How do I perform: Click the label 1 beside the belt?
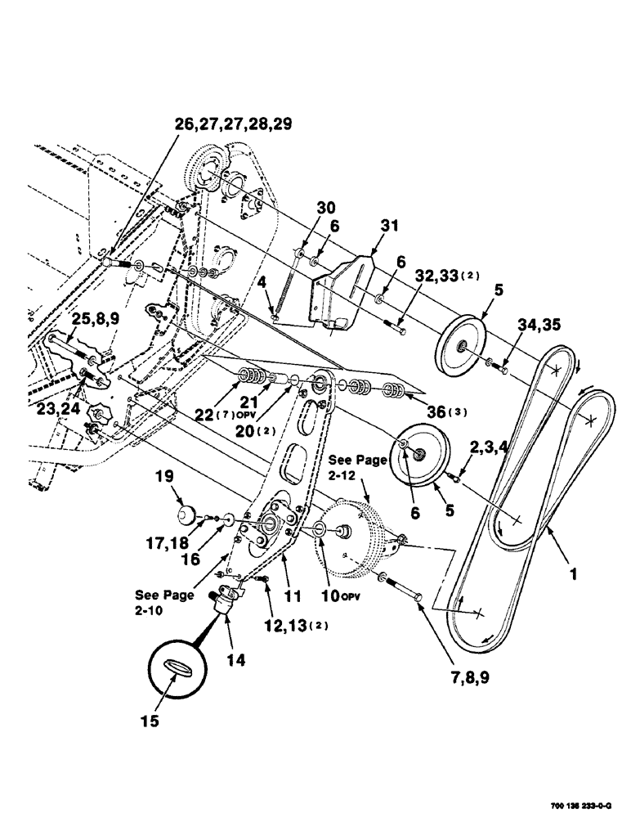(574, 575)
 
